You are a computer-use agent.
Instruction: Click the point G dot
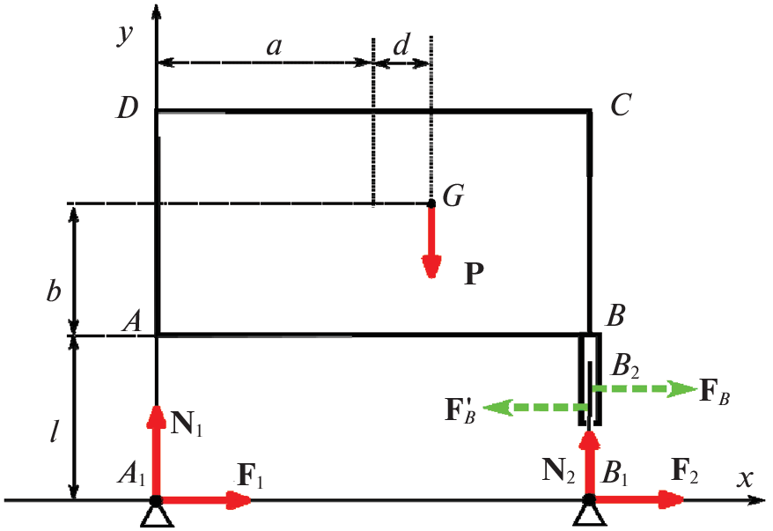431,203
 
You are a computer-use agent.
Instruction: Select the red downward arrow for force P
432,241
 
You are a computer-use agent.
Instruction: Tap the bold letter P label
475,274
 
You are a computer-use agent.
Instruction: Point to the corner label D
127,107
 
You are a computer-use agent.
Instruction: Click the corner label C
620,105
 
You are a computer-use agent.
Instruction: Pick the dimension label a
274,47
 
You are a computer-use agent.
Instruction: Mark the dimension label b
53,290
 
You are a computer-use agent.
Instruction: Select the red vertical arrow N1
157,452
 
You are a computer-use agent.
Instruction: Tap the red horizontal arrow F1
204,499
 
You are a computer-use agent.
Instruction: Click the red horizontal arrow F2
637,499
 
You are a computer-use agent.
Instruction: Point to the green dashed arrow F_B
644,389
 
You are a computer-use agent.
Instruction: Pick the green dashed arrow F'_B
535,408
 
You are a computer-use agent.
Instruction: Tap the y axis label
125,34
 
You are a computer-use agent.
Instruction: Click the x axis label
745,479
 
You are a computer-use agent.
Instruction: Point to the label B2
624,365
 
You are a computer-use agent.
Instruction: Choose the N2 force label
558,470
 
